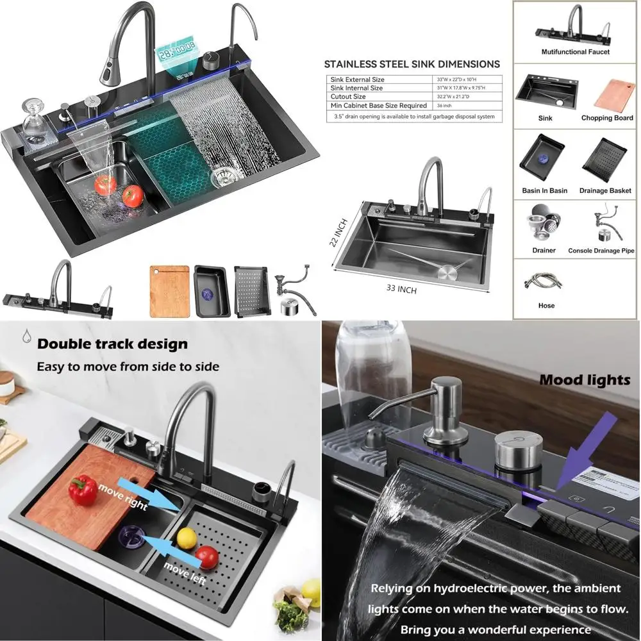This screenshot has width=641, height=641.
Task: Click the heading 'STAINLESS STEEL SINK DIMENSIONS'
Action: pos(412,64)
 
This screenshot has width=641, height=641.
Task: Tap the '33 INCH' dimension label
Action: pos(401,288)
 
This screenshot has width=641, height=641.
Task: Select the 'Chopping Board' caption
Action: pos(606,118)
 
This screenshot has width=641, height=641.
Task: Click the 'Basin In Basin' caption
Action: pos(544,190)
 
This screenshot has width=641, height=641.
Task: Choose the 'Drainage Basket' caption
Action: pos(605,190)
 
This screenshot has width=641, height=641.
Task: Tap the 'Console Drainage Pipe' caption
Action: pos(601,251)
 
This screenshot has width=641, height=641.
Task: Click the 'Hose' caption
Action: pos(546,306)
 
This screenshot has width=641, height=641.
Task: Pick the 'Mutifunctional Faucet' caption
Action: pos(575,52)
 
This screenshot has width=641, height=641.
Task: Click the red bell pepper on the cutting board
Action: pos(83,490)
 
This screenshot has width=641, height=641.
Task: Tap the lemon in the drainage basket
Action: pos(186,537)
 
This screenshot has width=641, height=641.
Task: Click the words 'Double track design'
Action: pos(112,344)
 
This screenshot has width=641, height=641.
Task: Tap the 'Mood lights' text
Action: pos(585,379)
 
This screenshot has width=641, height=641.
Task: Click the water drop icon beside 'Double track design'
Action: pos(26,337)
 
